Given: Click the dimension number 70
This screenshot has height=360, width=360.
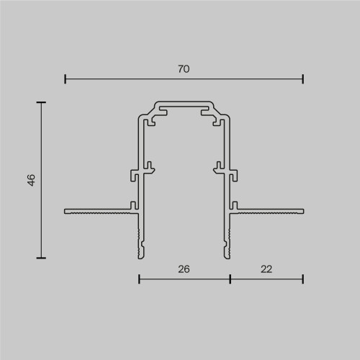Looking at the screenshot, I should [184, 68].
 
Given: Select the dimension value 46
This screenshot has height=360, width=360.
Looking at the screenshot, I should [31, 180].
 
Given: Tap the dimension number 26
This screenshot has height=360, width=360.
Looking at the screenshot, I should [184, 269].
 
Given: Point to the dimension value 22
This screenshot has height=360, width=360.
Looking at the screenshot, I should [266, 269].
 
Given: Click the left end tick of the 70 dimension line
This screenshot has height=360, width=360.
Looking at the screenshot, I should [65, 78].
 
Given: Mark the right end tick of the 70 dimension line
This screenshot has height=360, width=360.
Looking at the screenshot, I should [302, 78].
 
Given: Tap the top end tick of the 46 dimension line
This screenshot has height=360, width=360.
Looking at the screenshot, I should [41, 102].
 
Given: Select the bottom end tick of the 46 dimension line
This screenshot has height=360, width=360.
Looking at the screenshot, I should [41, 258].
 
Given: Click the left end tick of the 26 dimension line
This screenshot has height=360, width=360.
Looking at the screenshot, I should [138, 278].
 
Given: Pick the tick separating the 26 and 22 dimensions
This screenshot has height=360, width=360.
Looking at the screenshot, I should [230, 278].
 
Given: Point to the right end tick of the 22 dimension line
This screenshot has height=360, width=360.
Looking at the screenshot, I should [302, 278].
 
